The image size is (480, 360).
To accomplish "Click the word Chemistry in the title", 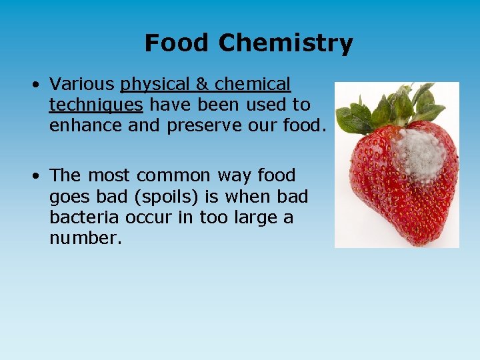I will [285, 43].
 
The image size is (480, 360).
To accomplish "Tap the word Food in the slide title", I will [178, 43].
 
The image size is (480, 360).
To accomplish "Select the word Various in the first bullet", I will [82, 84].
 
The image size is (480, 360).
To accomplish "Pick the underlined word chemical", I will [253, 84].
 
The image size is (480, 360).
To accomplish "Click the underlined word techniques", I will [96, 105].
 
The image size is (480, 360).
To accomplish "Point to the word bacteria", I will [83, 218].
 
